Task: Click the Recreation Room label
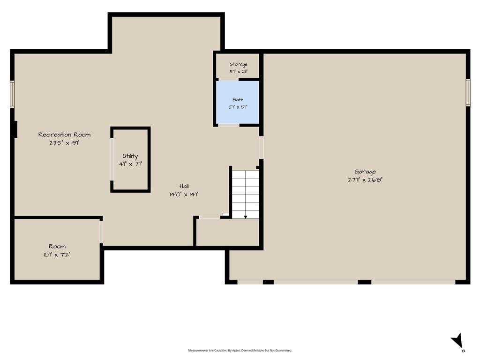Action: pos(64,135)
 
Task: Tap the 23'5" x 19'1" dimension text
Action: pos(64,142)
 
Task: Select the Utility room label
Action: pos(130,156)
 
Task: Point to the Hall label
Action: pos(184,186)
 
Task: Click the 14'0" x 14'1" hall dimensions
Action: pos(184,195)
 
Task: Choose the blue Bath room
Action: pos(238,102)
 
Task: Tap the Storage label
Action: pos(239,64)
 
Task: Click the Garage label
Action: pos(365,172)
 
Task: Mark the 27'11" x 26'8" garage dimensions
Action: pos(365,180)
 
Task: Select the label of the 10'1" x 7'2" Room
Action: pos(57,246)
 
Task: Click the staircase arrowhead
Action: pos(246,217)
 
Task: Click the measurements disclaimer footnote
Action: pos(240,350)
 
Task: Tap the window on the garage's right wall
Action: pos(468,92)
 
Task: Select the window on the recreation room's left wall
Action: pos(12,94)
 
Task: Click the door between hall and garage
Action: pos(261,147)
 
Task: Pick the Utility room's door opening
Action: pos(112,159)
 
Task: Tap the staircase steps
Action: pos(245,195)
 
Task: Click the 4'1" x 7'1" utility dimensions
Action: pos(130,164)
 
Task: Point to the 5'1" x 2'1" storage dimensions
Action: pos(239,72)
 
